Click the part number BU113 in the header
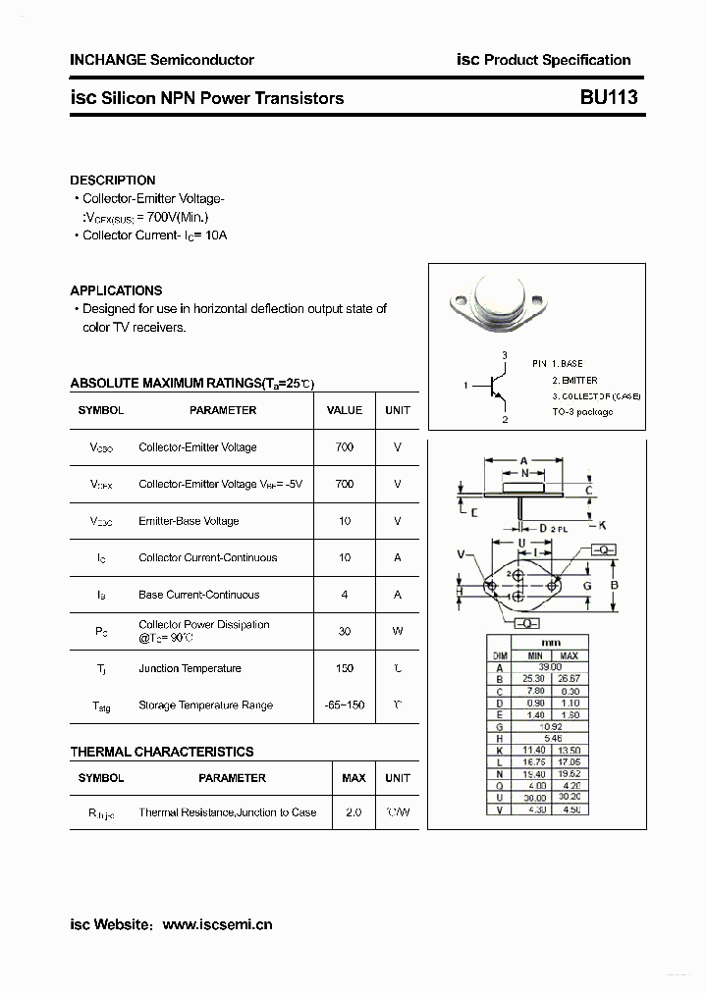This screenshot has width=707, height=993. (609, 97)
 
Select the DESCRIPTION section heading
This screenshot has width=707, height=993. (112, 181)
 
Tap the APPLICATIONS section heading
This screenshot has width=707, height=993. (116, 290)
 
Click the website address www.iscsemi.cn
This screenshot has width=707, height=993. (217, 923)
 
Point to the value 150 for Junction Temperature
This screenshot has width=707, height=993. (344, 668)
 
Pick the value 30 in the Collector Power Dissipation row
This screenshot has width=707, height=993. (344, 631)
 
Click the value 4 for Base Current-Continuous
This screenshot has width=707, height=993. (344, 595)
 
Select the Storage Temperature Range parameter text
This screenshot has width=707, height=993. (205, 706)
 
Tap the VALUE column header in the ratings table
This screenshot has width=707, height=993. (344, 410)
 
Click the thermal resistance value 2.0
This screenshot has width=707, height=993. (353, 812)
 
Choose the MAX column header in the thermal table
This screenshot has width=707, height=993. (353, 778)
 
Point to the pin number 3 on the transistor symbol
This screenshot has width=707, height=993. (505, 354)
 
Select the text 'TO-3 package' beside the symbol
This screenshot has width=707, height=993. (582, 412)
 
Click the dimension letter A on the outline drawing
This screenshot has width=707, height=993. (524, 460)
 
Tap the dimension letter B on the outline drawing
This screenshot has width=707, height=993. (614, 586)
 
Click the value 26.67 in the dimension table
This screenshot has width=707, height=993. (568, 678)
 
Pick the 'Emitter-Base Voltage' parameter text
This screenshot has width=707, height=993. (189, 521)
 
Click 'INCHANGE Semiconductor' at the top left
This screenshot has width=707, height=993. (162, 60)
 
